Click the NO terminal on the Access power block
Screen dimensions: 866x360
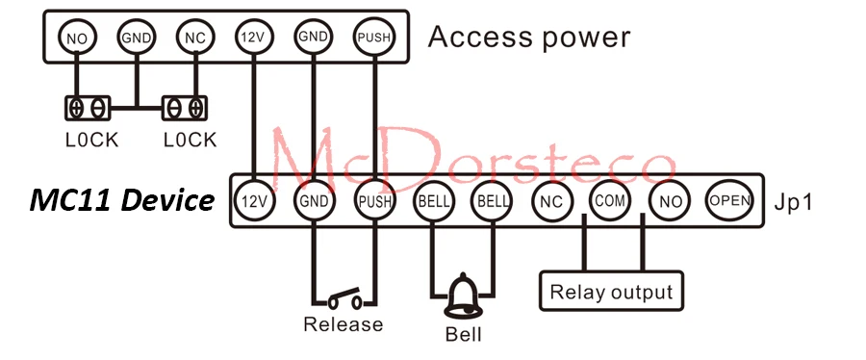pos(77,38)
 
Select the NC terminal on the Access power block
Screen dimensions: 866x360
pos(195,38)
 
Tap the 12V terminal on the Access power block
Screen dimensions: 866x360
pos(253,38)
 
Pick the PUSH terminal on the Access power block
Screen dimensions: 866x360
pos(374,38)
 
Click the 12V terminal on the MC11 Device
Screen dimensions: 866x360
pos(254,200)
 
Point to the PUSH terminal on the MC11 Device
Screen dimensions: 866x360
pos(375,200)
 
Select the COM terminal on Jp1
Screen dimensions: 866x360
pos(610,199)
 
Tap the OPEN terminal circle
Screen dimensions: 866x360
pos(729,199)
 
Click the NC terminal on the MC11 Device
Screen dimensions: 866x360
pos(551,200)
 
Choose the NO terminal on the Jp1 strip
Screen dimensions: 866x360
pos(670,200)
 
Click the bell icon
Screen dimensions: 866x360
pos(463,296)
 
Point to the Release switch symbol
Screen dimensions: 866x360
pos(345,299)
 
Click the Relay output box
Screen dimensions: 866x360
pos(611,291)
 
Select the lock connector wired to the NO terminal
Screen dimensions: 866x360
pos(88,108)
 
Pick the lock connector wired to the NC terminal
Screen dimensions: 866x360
pos(185,108)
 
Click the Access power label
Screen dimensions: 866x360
pos(529,38)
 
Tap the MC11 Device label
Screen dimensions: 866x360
pos(121,200)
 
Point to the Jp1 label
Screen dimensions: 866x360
pos(793,201)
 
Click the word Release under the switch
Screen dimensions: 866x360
pos(343,324)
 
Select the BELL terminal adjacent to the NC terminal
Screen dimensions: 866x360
pos(491,200)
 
